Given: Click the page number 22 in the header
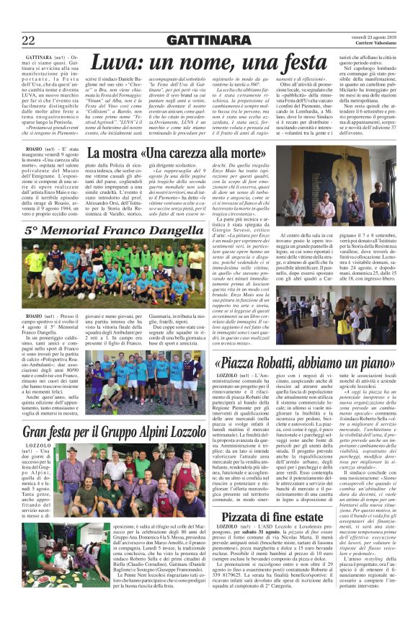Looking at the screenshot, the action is tap(29, 39).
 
